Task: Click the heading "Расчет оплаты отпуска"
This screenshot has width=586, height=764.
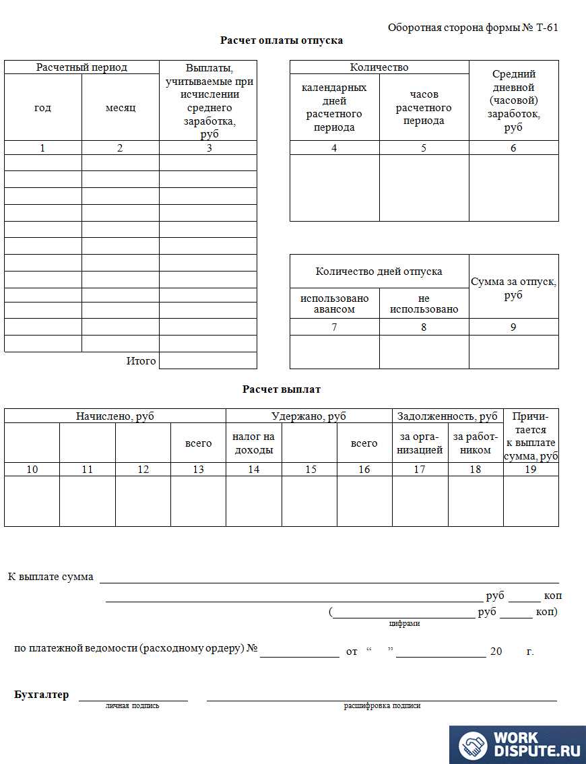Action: point(282,40)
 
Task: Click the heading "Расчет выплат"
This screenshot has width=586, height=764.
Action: point(282,389)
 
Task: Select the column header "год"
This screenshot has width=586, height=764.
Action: point(42,108)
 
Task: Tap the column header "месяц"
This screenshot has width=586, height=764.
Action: point(121,108)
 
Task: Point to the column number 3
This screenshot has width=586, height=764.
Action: point(209,148)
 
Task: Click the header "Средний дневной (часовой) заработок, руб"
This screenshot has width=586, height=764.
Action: point(513,101)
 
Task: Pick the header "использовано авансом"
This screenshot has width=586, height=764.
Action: point(334,304)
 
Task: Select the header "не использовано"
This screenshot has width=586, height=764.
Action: point(424,304)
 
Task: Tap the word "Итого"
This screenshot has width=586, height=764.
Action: point(141,361)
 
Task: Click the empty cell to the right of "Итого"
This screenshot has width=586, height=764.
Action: point(208,361)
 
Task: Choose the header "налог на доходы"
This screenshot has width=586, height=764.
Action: point(253,443)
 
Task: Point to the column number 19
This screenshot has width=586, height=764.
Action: point(531,470)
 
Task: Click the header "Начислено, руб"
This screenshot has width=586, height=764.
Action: point(115,416)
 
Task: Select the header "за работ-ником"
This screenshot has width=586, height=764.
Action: point(476,443)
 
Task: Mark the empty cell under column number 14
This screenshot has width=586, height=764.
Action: point(253,501)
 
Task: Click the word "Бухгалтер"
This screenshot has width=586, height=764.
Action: point(41,695)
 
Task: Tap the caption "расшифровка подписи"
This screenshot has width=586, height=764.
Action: point(382,706)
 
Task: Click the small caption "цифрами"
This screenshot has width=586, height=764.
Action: point(404,624)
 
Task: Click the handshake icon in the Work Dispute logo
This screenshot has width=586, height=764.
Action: point(474,745)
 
